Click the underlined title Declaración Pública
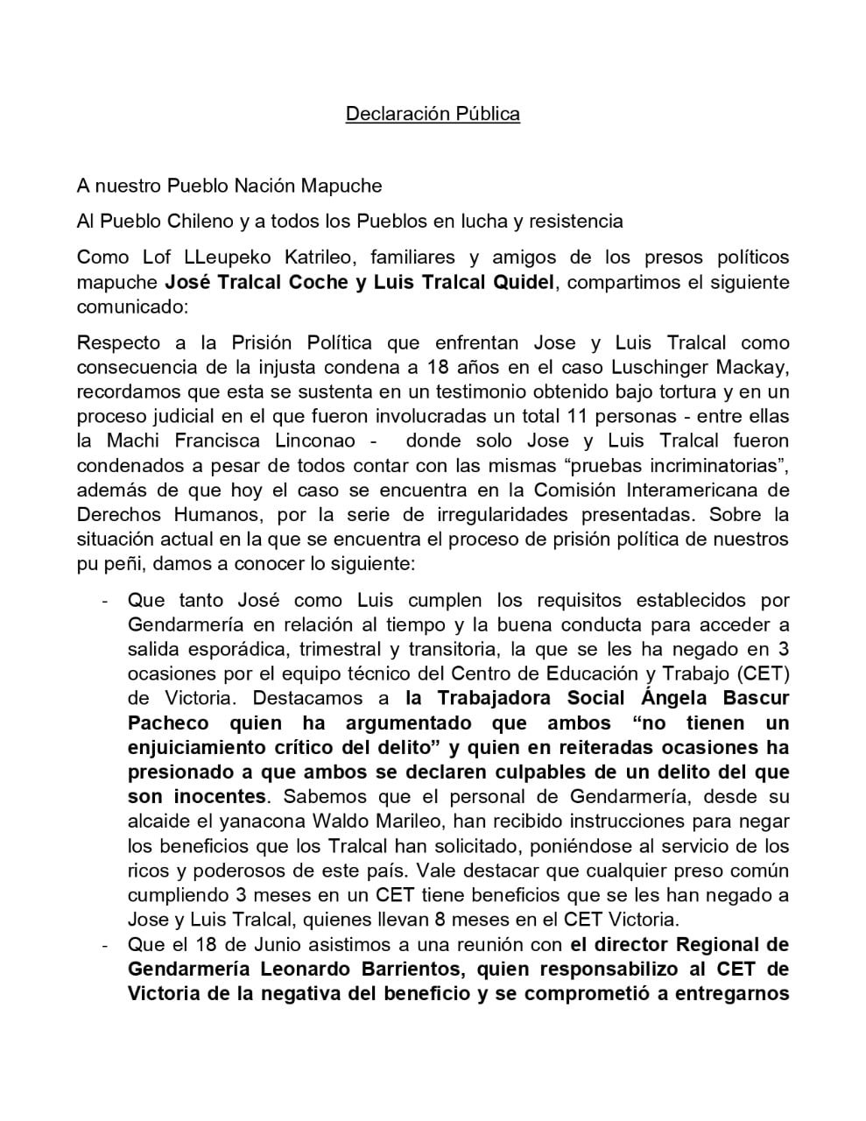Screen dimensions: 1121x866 coord(433,114)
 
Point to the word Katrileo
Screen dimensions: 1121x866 coord(317,257)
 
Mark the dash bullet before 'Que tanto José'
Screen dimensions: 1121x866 coord(105,601)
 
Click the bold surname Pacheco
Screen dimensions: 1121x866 coord(168,723)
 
